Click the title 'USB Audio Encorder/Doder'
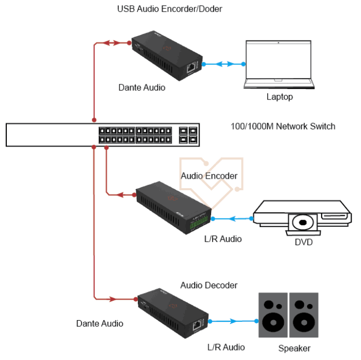pos(166,9)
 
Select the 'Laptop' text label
pos(279,97)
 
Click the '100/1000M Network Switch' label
pos(283,126)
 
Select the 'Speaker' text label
pos(294,348)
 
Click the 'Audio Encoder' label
pos(209,176)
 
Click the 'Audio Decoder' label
pos(209,286)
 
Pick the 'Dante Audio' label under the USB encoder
pos(141,88)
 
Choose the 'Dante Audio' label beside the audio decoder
pos(100,323)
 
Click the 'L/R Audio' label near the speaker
pos(226,347)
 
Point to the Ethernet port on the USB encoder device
pos(191,67)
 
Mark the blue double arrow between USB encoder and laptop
pos(224,64)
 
